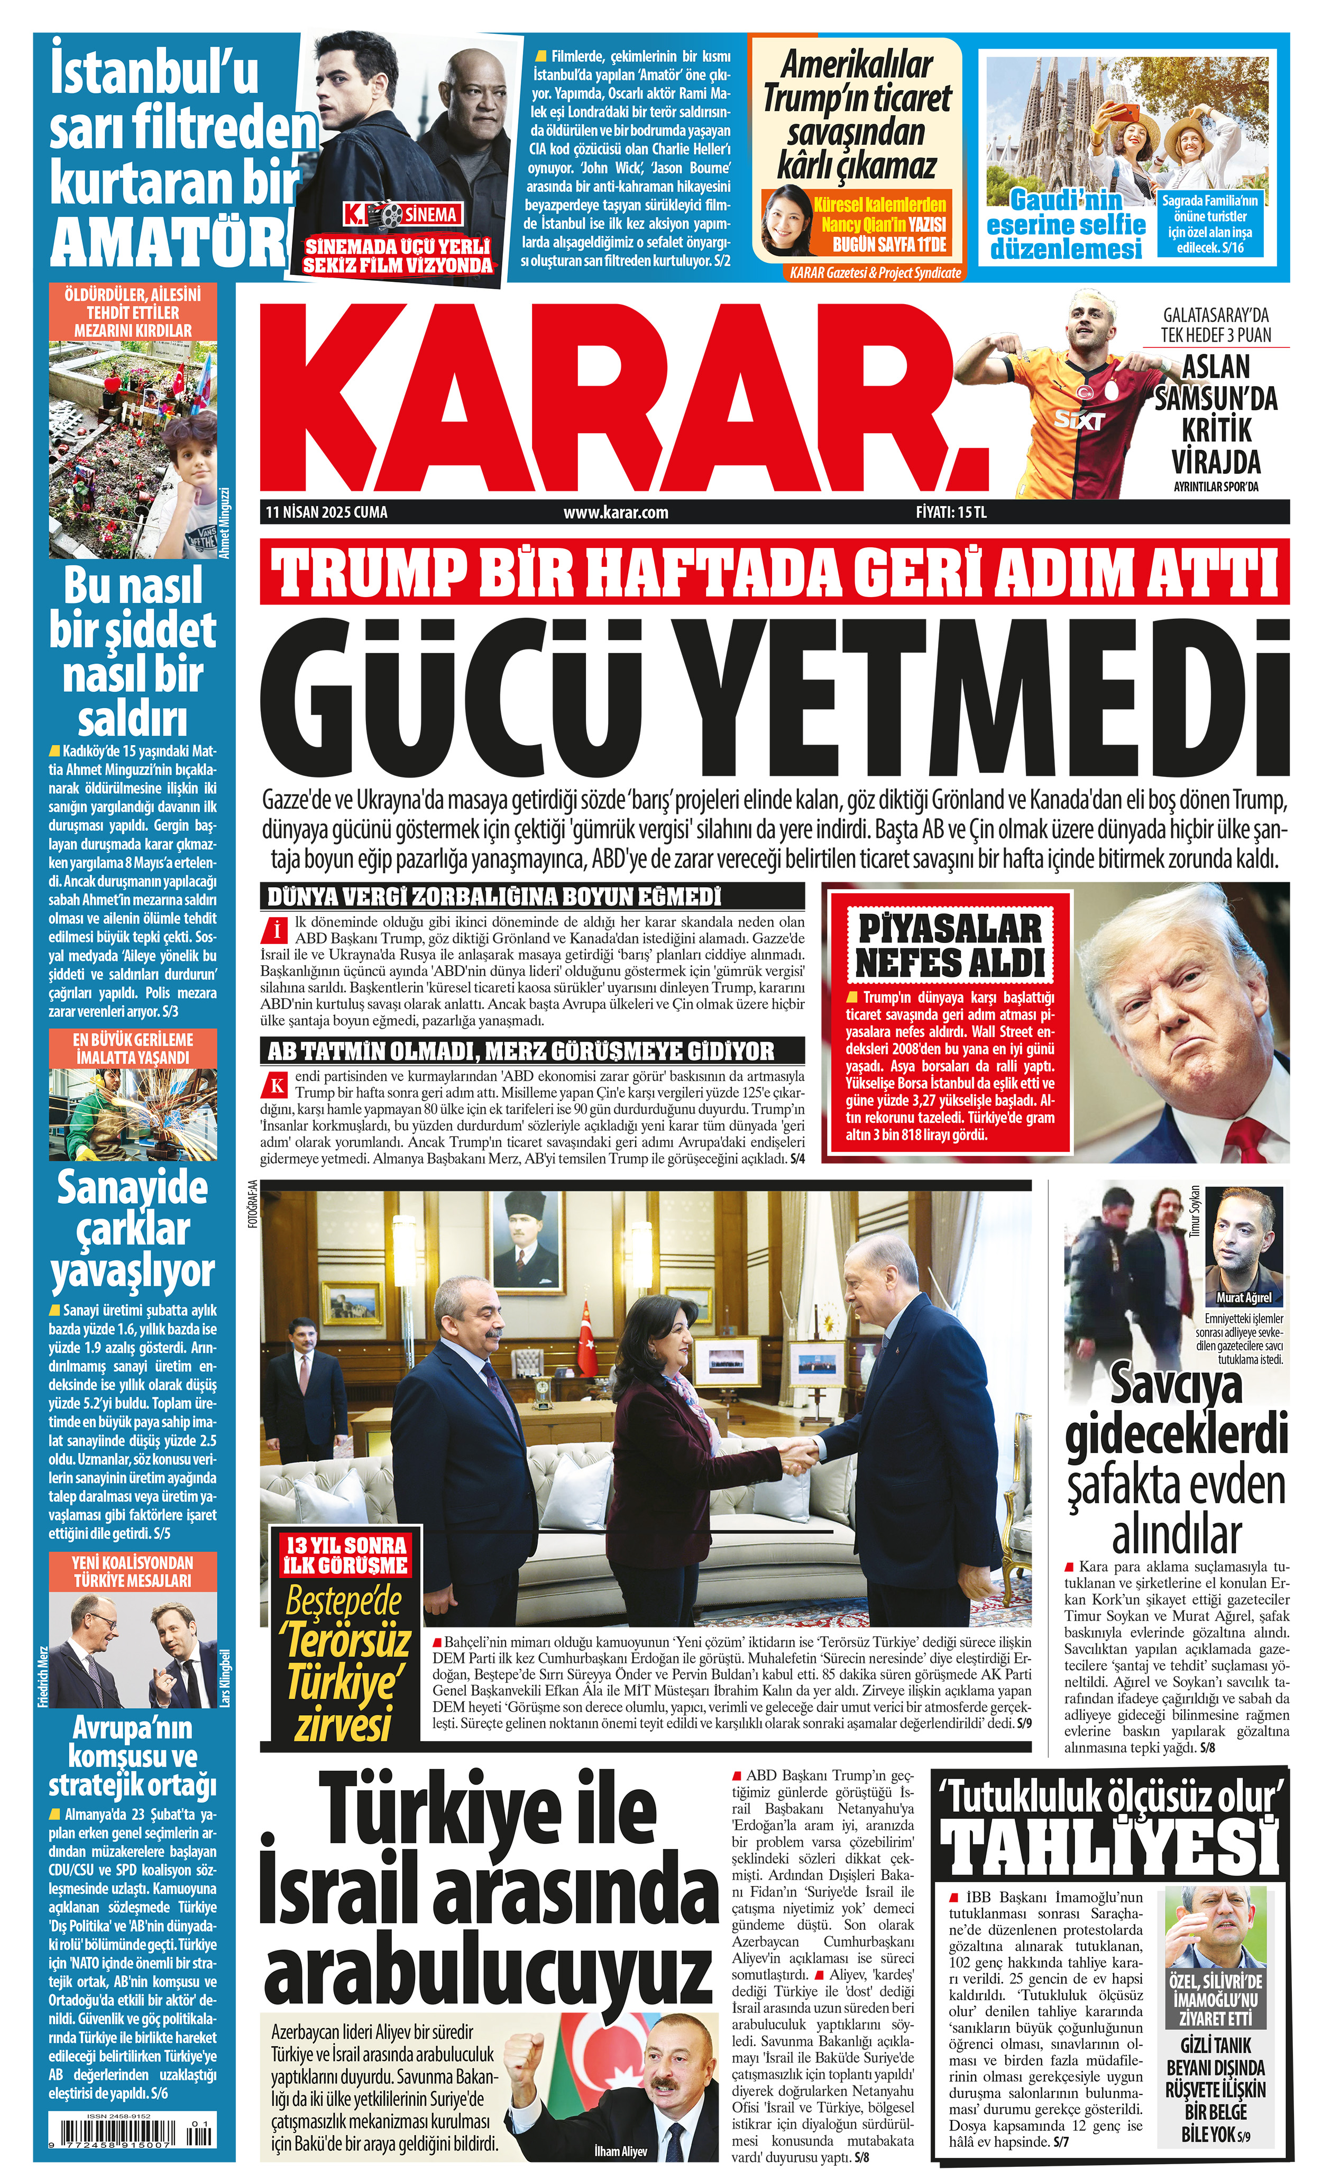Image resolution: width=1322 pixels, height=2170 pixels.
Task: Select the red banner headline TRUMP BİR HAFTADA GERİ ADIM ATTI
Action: click(776, 572)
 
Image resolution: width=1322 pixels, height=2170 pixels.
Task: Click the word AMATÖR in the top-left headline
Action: click(167, 240)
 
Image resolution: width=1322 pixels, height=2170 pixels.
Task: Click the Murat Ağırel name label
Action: click(1244, 1297)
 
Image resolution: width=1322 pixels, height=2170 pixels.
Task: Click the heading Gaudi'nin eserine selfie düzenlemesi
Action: click(1066, 225)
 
